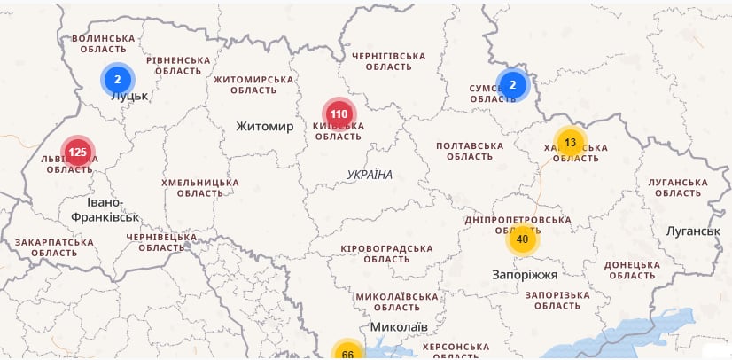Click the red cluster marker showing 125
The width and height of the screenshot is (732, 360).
[x=78, y=153]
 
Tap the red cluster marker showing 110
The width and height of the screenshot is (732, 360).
[x=339, y=113]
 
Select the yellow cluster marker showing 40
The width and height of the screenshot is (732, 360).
[x=522, y=239]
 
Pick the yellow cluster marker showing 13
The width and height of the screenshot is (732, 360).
[x=570, y=142]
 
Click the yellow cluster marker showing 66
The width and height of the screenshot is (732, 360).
[x=347, y=354]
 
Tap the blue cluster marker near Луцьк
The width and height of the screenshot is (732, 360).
[x=117, y=80]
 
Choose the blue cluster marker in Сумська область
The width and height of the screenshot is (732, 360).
[x=512, y=84]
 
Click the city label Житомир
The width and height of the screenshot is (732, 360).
[x=264, y=127]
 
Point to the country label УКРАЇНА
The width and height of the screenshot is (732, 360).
[x=370, y=175]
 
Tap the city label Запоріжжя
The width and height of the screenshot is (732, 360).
[x=526, y=275]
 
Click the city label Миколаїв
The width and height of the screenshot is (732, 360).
[x=399, y=327]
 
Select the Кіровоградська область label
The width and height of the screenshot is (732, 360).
[x=386, y=254]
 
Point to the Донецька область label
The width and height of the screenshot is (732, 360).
[x=632, y=270]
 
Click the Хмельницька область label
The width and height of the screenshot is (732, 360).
[x=199, y=188]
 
